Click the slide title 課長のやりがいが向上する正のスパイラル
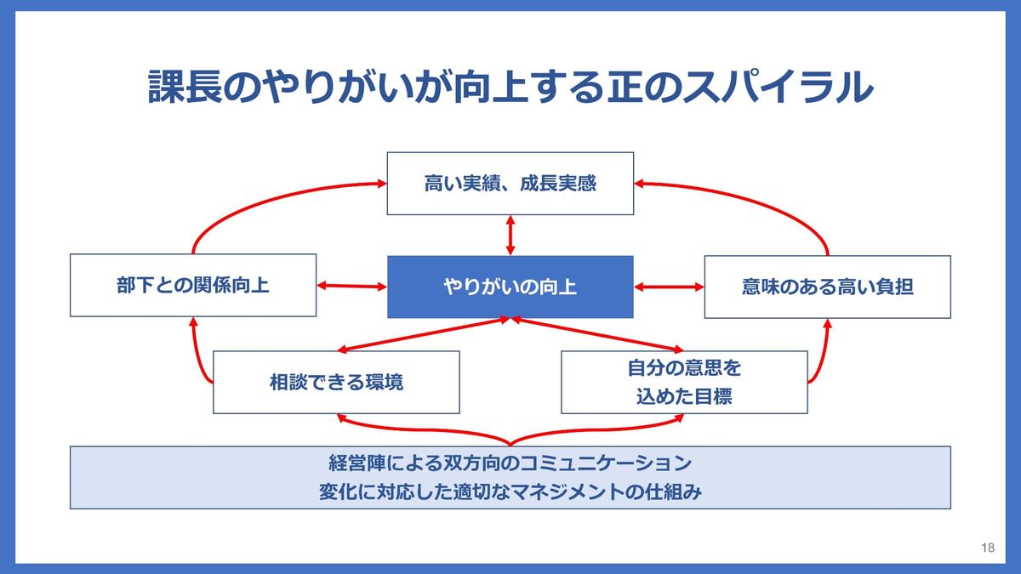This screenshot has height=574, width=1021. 510,87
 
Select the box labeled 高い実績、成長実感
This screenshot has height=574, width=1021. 510,183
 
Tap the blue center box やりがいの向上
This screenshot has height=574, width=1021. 510,287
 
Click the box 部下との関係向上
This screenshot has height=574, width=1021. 193,286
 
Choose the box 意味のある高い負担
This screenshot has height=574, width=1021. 827,287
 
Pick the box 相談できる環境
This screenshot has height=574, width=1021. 336,382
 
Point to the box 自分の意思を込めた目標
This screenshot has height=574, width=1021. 684,382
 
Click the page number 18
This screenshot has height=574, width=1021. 987,548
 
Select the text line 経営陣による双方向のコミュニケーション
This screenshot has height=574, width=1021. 510,464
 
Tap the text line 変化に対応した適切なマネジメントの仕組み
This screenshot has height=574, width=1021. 510,492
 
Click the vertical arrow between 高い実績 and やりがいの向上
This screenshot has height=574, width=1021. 510,235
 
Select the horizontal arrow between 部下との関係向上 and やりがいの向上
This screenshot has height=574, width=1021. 351,287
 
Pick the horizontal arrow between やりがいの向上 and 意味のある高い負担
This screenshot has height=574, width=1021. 669,287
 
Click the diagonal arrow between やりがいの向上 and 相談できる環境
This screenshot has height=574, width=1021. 425,334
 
